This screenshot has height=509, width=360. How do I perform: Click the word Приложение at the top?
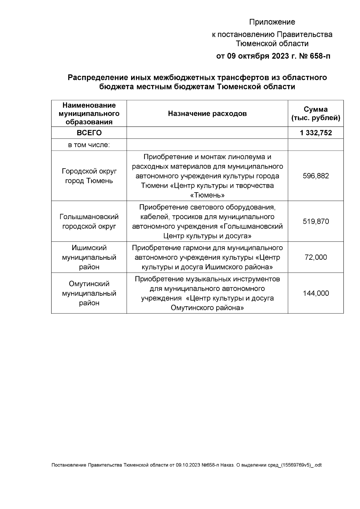tap(272, 22)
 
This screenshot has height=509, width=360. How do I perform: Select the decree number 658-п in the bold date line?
tap(318, 56)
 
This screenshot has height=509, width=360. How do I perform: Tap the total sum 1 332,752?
tap(316, 133)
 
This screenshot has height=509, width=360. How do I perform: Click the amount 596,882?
tap(316, 176)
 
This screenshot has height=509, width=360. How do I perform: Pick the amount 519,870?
tap(316, 222)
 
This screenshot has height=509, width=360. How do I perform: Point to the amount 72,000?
tap(316, 257)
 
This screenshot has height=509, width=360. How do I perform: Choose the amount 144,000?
tap(316, 293)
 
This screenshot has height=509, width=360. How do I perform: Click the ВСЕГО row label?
tap(89, 133)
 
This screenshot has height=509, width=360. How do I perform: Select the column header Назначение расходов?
tap(207, 114)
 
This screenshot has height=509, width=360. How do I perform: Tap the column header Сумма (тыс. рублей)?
tap(316, 114)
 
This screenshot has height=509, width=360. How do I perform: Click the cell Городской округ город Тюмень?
tap(89, 176)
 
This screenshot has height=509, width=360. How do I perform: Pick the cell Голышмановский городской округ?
tap(89, 222)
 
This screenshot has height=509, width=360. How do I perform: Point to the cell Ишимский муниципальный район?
tap(89, 257)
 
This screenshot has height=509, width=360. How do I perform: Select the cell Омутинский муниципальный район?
tap(89, 293)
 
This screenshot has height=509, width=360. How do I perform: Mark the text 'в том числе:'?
tap(89, 145)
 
